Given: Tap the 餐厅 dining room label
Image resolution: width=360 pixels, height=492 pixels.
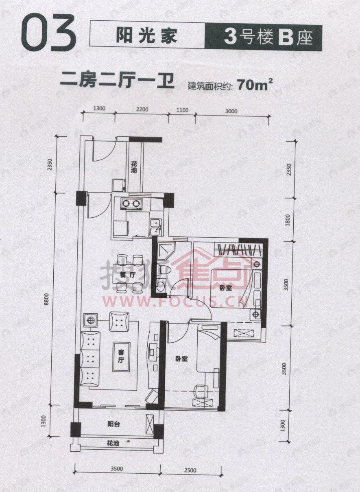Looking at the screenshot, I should click(x=127, y=275).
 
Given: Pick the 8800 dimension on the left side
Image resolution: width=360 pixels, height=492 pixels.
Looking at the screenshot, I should click(x=48, y=300).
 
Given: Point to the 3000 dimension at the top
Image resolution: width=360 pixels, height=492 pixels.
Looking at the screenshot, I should click(x=231, y=110).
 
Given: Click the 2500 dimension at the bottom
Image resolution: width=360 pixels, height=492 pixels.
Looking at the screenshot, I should click(x=190, y=470).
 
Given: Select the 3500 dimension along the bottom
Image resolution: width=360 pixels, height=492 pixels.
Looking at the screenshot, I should click(x=117, y=469).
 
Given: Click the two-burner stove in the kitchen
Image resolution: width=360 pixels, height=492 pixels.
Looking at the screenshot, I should click(x=131, y=203).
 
